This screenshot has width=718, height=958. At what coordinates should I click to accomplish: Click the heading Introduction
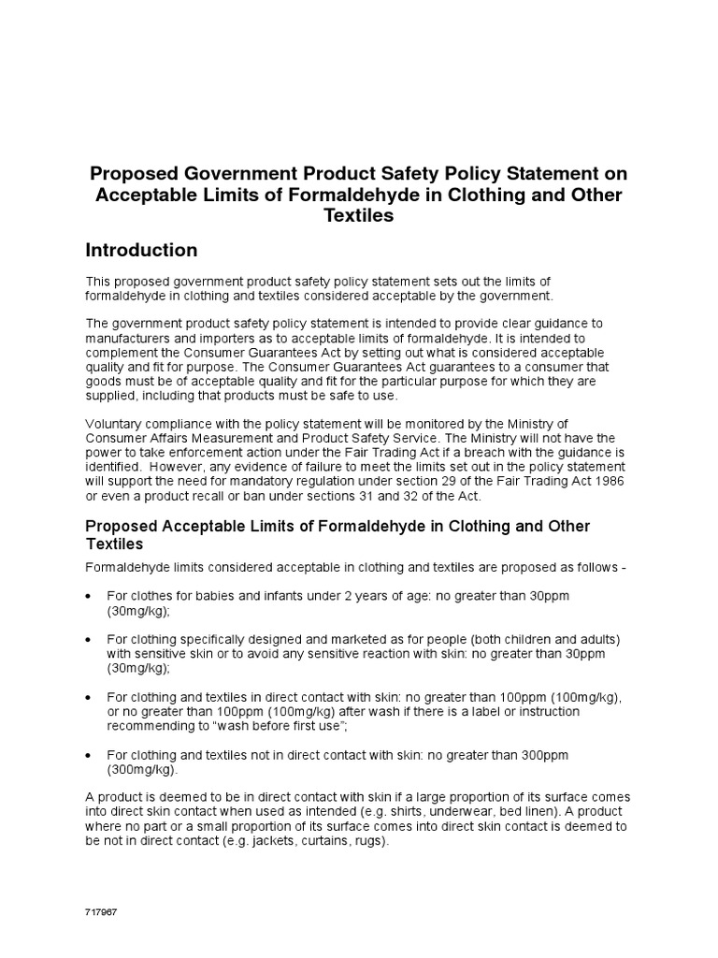point(141,251)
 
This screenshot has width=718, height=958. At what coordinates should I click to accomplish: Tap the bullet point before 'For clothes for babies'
point(88,596)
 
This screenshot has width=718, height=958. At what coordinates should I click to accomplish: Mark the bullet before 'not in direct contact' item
point(88,755)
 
